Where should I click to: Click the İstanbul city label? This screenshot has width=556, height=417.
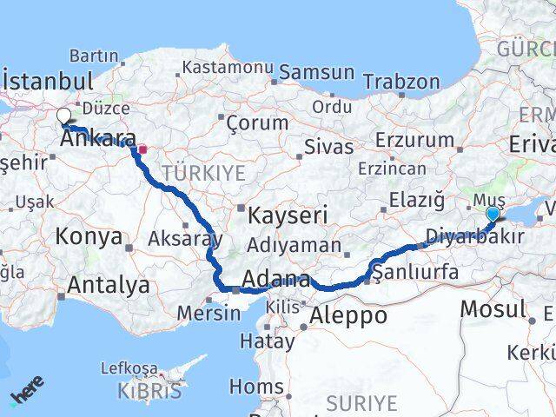[x=49, y=82]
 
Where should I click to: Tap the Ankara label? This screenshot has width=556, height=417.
[x=101, y=139]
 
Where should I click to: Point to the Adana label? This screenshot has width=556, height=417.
[x=276, y=281]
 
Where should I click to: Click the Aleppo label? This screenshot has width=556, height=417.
[x=348, y=314]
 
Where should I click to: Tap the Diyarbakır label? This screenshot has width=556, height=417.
[x=475, y=235]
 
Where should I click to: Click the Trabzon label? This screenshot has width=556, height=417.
[x=401, y=82]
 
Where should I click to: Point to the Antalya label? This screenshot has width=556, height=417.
[x=108, y=284]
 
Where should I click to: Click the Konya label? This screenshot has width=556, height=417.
[x=89, y=235]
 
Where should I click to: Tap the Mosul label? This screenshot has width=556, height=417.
[x=493, y=308]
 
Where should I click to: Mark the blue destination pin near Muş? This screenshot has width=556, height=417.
[x=493, y=214]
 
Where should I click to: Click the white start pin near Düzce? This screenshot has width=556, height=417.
[x=63, y=116]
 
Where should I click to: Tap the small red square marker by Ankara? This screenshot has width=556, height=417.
[x=143, y=149]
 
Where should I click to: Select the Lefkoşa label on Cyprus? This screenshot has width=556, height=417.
[x=129, y=367]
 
